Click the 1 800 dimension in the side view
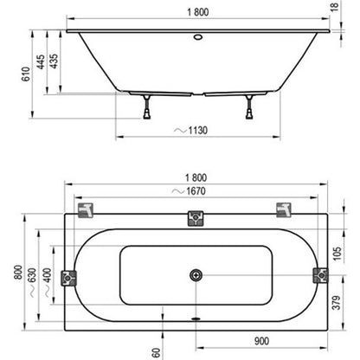(x=197, y=12)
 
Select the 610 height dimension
(x=26, y=74)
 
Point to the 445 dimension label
(x=41, y=61)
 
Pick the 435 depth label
(x=54, y=61)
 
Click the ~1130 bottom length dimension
(x=191, y=131)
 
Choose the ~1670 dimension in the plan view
(x=189, y=191)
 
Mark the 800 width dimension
(x=18, y=272)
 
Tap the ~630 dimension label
(x=32, y=283)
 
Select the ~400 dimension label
(x=48, y=283)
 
